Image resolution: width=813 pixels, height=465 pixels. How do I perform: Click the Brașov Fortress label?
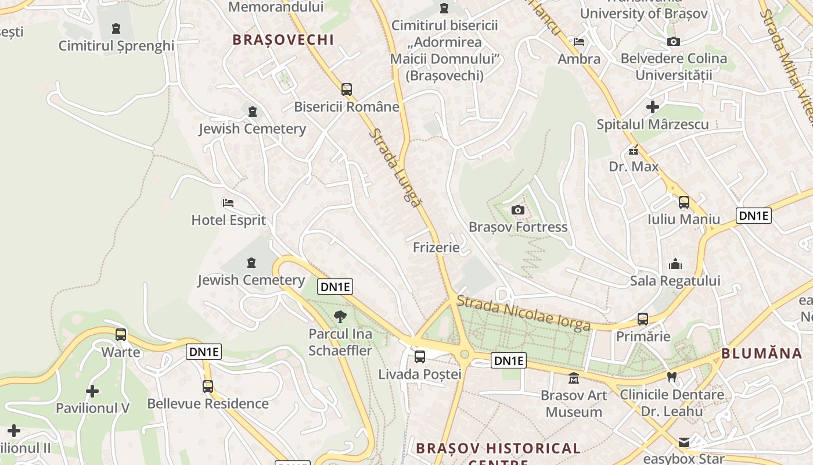[x=518, y=227]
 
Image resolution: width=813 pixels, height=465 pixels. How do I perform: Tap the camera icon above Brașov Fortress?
[x=518, y=210]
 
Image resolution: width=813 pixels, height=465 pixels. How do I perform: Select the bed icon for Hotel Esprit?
[x=228, y=203]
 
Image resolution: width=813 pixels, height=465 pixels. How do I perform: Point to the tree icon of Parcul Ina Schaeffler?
[x=340, y=317]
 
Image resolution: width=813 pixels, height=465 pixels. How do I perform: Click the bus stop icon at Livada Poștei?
[x=419, y=357]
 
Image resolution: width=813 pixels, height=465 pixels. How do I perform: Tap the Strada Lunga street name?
[x=395, y=168]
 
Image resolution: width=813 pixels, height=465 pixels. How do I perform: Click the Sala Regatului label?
[x=675, y=281]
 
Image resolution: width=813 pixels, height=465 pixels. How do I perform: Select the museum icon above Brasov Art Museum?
[x=574, y=378]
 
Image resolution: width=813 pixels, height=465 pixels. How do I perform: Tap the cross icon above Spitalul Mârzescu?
[x=653, y=107]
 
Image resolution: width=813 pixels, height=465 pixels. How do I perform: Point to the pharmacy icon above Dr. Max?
[x=634, y=150]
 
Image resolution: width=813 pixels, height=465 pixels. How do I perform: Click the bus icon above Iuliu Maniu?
[x=684, y=202]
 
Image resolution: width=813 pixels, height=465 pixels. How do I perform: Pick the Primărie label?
[x=643, y=337]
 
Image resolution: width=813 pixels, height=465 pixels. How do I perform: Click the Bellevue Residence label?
[x=208, y=403]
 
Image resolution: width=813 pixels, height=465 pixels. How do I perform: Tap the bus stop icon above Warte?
[x=121, y=335]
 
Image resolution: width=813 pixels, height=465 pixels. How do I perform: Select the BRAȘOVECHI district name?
[x=283, y=40]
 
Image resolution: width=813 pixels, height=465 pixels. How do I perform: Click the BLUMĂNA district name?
[x=761, y=353]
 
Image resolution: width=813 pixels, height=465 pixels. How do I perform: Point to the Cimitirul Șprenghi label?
[x=116, y=46]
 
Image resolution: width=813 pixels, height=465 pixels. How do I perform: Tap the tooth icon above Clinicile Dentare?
[x=672, y=377]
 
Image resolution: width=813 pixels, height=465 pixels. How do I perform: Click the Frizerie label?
[x=436, y=248]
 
